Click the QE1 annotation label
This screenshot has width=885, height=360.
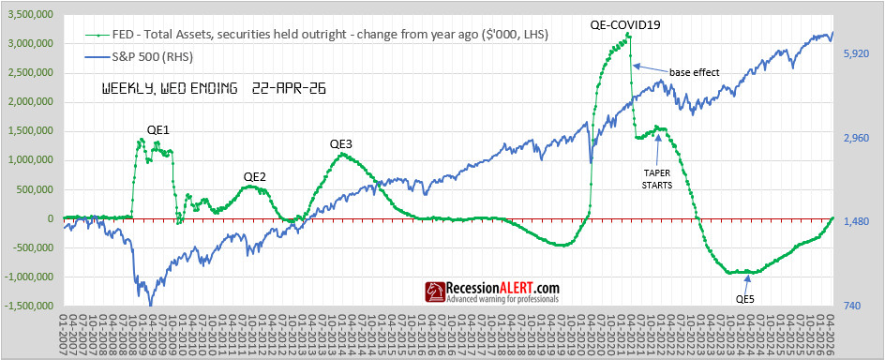pyautogui.click(x=157, y=129)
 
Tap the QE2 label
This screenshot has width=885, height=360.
pyautogui.click(x=254, y=176)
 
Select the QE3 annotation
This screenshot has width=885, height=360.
pyautogui.click(x=340, y=143)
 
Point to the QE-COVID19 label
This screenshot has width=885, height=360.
pyautogui.click(x=625, y=24)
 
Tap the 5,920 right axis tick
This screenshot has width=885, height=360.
pyautogui.click(x=857, y=54)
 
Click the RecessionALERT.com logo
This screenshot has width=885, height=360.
pyautogui.click(x=493, y=292)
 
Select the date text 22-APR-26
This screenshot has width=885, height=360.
pyautogui.click(x=287, y=90)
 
